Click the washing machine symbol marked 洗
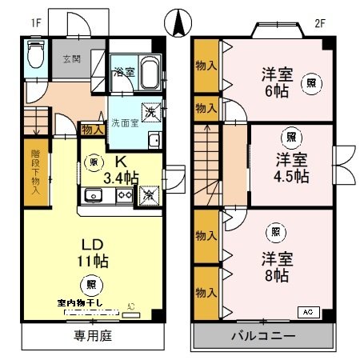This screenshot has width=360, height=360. (150, 112)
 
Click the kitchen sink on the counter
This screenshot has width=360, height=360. (93, 194)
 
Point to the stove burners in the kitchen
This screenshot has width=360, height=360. (124, 194)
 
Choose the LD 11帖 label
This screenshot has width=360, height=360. (93, 252)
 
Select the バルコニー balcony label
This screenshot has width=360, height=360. (264, 336)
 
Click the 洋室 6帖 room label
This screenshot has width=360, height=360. (278, 82)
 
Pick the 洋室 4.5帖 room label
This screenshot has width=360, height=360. (291, 166)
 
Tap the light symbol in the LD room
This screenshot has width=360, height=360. (93, 282)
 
